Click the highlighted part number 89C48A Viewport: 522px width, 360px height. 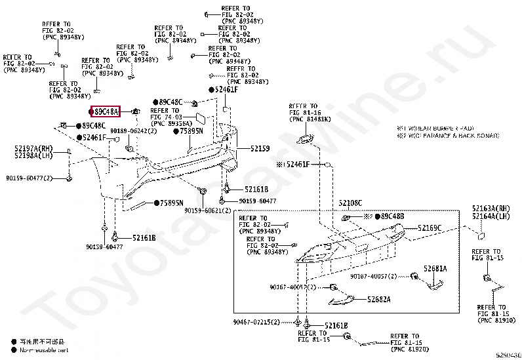click(106, 113)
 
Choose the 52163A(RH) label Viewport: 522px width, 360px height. click(490, 209)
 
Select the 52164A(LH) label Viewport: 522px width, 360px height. click(490, 216)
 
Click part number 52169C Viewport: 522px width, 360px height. click(430, 228)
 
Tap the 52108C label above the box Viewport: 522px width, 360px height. click(350, 203)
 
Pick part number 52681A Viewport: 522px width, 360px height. click(434, 269)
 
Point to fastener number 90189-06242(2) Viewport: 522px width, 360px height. click(133, 131)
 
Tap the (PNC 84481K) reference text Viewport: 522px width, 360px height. click(309, 119)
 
